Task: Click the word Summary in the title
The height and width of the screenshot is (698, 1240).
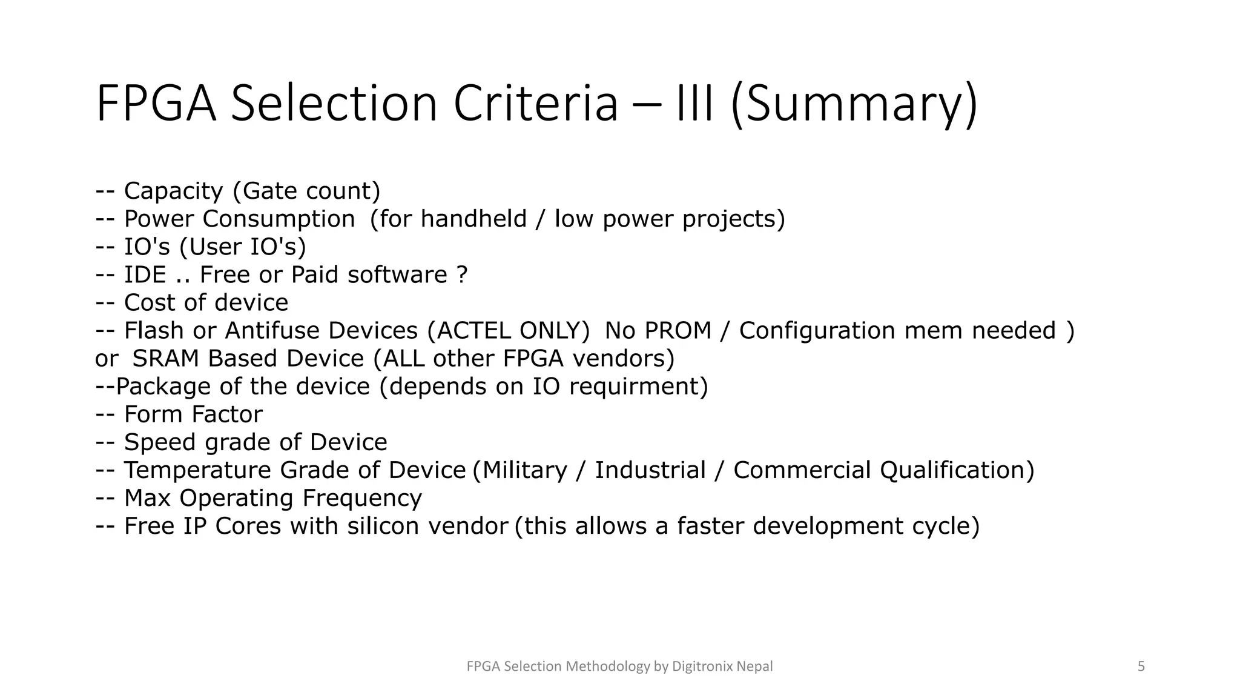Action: pyautogui.click(x=854, y=104)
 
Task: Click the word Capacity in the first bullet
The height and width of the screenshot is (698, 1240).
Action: pyautogui.click(x=174, y=191)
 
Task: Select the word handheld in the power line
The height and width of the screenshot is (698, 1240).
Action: pyautogui.click(x=473, y=219)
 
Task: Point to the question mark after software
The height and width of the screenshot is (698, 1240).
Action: pyautogui.click(x=462, y=275)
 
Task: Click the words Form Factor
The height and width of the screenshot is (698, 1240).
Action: pyautogui.click(x=193, y=414)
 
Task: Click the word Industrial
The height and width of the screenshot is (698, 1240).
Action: pyautogui.click(x=650, y=470)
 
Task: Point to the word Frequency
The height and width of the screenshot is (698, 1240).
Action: pyautogui.click(x=361, y=498)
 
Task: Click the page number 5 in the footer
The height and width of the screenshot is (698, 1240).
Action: pyautogui.click(x=1141, y=666)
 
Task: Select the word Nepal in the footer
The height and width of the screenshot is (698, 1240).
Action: pyautogui.click(x=754, y=666)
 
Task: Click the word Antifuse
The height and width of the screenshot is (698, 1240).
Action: pyautogui.click(x=274, y=331)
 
